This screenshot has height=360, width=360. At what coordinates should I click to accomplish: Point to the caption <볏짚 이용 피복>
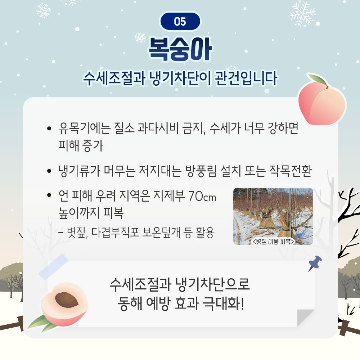pos(274,241)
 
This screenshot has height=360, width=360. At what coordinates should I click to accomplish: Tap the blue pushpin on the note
pos(315,264)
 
